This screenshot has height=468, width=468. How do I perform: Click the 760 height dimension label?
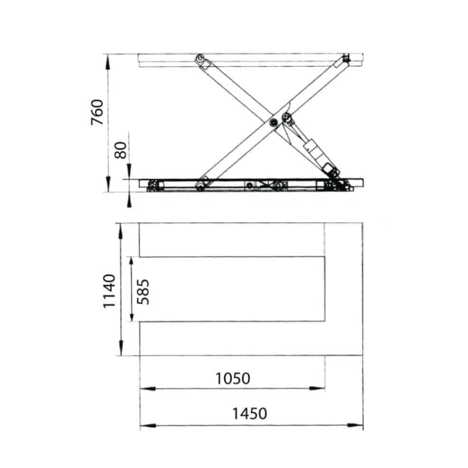(97, 113)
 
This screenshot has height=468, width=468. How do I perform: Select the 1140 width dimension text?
(109, 291)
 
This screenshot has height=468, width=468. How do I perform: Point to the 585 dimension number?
(143, 291)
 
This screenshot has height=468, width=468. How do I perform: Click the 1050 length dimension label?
(232, 378)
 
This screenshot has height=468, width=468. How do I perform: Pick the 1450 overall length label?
(249, 414)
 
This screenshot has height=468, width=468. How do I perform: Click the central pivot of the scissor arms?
(274, 121)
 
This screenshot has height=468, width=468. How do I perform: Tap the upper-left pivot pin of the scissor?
(200, 59)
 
